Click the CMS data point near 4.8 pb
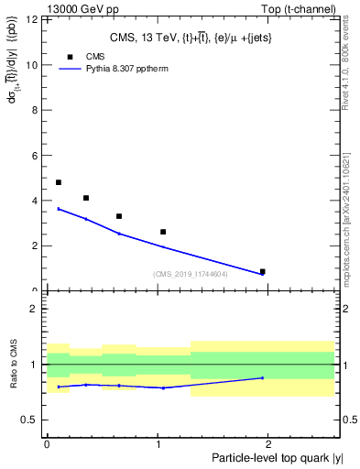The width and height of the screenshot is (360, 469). click(x=59, y=182)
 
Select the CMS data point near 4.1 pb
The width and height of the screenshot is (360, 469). click(x=86, y=198)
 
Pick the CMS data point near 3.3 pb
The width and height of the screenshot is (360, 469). click(x=119, y=216)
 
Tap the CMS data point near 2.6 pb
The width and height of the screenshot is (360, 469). click(x=163, y=232)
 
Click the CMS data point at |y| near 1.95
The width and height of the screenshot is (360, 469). click(x=263, y=271)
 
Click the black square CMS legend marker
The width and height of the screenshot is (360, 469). click(x=70, y=57)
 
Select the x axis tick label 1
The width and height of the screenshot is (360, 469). click(x=158, y=443)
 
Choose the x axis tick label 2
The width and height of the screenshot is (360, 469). click(x=270, y=443)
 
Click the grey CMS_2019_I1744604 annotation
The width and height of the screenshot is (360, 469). click(x=191, y=274)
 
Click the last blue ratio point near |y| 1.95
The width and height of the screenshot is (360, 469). click(x=263, y=377)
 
